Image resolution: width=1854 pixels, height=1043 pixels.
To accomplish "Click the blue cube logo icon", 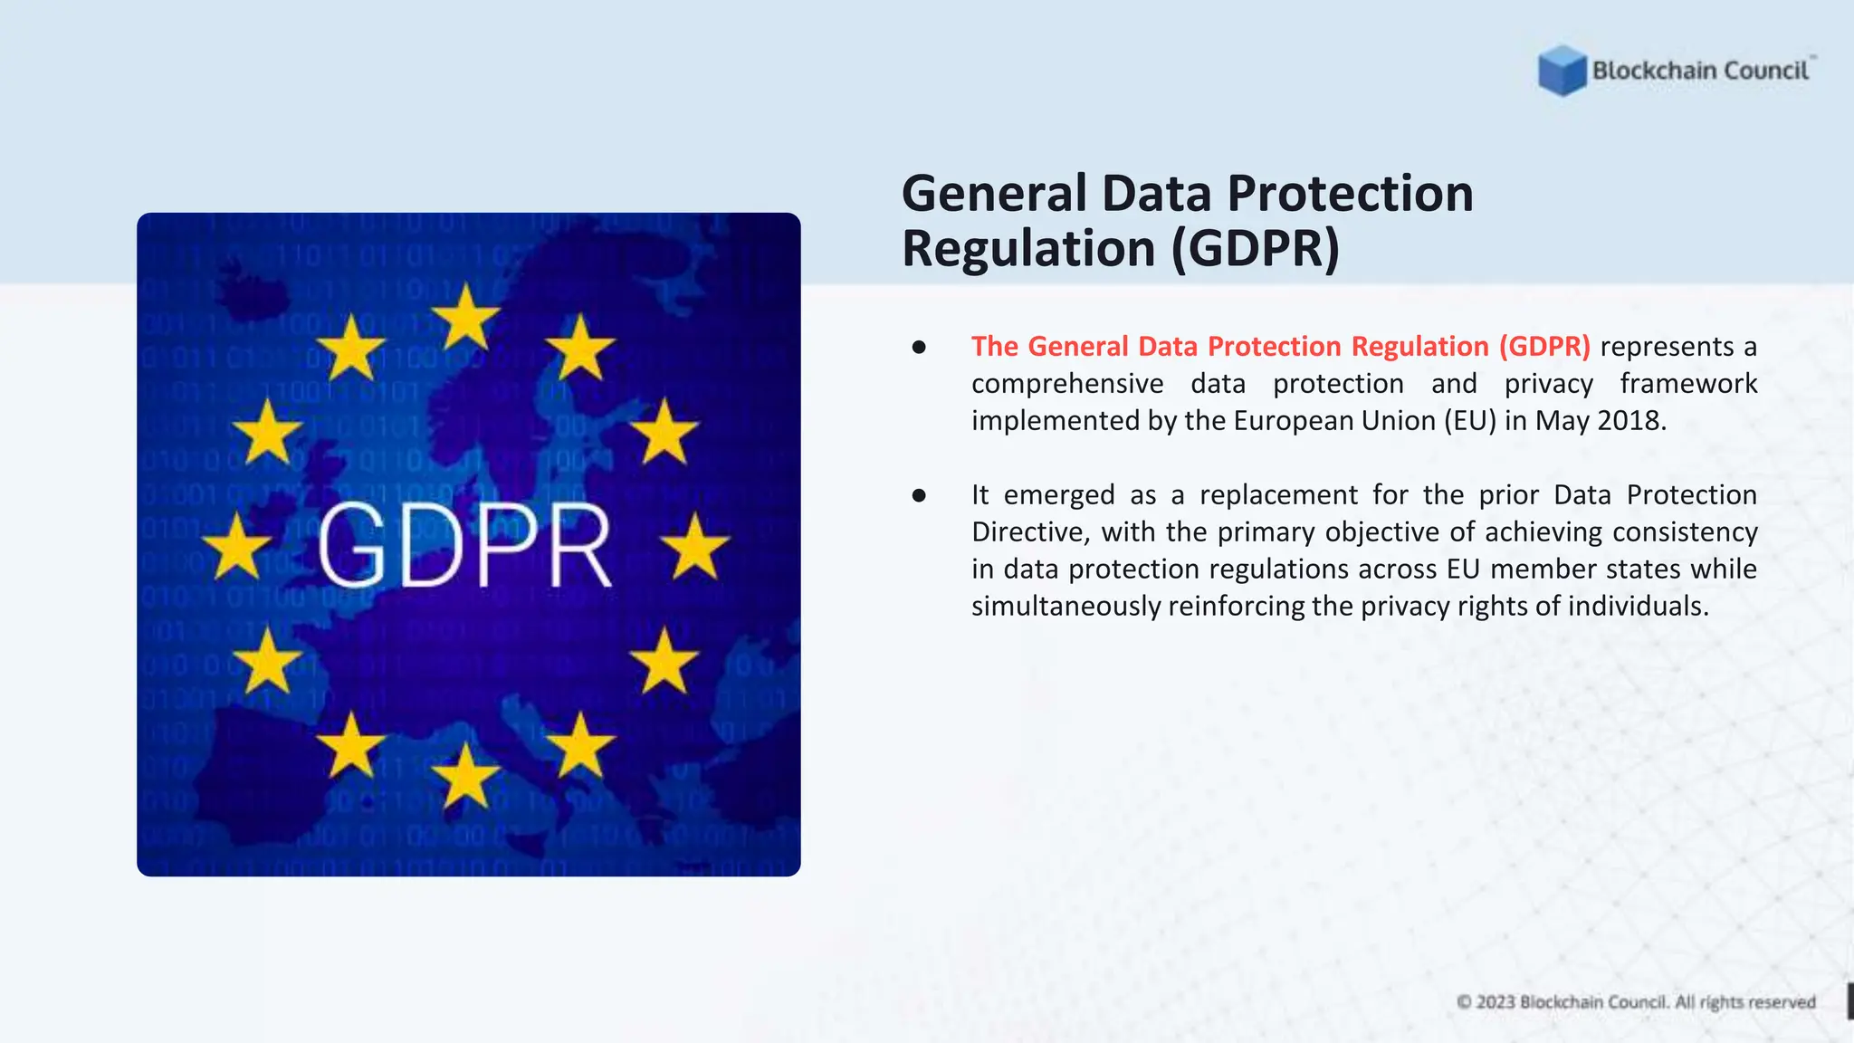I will click(x=1562, y=71).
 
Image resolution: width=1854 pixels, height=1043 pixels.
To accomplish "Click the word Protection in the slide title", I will click(x=1350, y=194).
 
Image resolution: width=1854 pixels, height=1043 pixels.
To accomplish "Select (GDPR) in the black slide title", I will click(x=1256, y=248).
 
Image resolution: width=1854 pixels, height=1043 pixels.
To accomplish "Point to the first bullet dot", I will click(x=919, y=347).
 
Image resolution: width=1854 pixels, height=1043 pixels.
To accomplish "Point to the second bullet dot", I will click(x=919, y=495).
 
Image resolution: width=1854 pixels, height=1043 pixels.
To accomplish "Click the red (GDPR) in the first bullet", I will click(x=1543, y=347).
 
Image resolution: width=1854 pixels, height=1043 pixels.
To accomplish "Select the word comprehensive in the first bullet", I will click(x=1067, y=384).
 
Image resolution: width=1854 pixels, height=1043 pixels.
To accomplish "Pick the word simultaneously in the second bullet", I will click(x=1066, y=607).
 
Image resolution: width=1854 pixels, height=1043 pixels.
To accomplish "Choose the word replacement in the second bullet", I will click(x=1278, y=495).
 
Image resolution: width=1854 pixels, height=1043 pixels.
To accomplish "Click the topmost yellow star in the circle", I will click(x=465, y=318).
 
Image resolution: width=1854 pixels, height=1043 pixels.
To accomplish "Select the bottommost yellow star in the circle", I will click(x=465, y=776).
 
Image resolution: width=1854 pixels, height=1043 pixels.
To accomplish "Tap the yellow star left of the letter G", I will click(x=237, y=547).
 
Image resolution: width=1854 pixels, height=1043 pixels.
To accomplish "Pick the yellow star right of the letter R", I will click(x=694, y=547).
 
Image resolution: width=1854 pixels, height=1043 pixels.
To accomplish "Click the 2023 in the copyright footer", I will click(x=1496, y=1002).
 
